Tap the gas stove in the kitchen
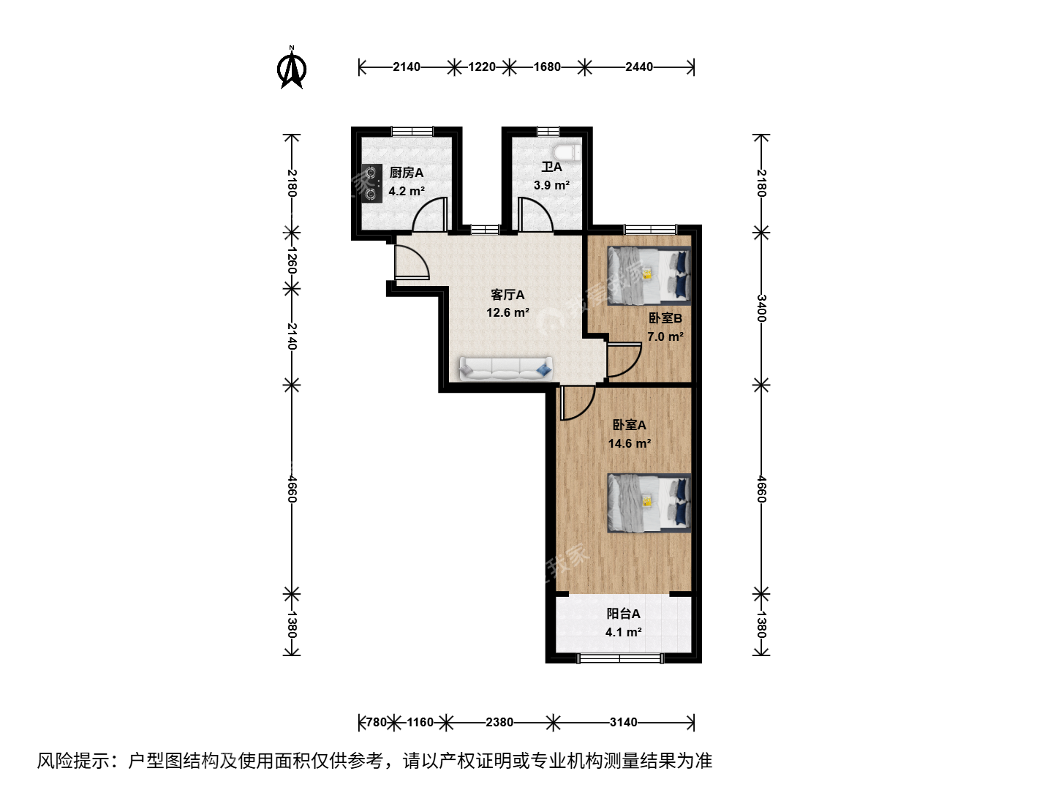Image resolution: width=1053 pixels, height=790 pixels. click(371, 184)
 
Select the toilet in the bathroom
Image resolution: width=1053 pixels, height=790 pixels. click(567, 153)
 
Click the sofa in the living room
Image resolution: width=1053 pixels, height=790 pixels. click(505, 369)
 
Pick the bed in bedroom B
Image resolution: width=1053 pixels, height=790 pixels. click(649, 276)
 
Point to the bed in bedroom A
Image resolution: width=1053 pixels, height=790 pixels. click(649, 503)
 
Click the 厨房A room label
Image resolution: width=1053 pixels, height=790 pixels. click(407, 173)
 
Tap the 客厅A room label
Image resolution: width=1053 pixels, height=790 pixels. click(507, 295)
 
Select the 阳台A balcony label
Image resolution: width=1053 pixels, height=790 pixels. click(623, 614)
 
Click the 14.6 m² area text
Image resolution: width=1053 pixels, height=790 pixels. click(630, 443)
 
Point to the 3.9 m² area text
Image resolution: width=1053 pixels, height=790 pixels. click(551, 185)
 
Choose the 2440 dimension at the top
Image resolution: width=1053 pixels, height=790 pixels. click(639, 67)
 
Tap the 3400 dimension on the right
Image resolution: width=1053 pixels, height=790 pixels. click(761, 309)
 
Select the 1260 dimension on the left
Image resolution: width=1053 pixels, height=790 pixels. click(292, 260)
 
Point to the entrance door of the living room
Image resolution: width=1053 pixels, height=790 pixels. click(411, 262)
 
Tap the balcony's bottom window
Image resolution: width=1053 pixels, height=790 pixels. click(620, 658)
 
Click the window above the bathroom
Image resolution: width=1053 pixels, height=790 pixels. click(548, 131)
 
